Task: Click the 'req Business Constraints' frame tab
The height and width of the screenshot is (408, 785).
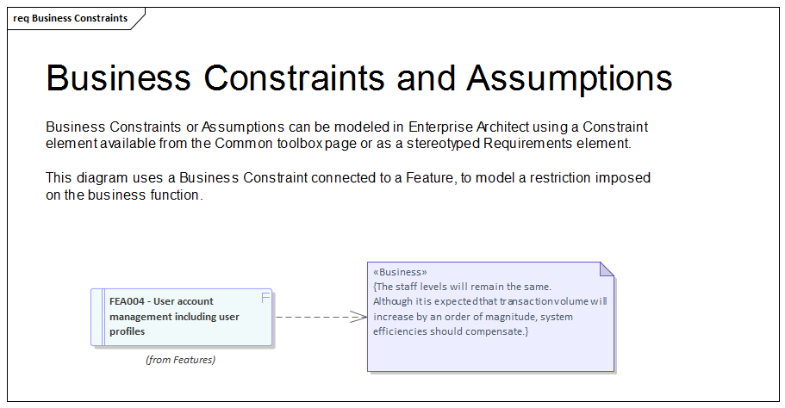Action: tap(71, 18)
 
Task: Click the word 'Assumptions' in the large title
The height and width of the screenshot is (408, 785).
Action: tap(569, 77)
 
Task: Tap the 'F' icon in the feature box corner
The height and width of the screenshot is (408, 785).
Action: tap(265, 298)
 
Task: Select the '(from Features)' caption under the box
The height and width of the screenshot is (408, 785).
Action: tap(181, 360)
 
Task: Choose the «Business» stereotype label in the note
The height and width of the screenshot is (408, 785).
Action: tap(400, 272)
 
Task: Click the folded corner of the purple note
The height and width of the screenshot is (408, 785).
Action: tap(607, 269)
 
